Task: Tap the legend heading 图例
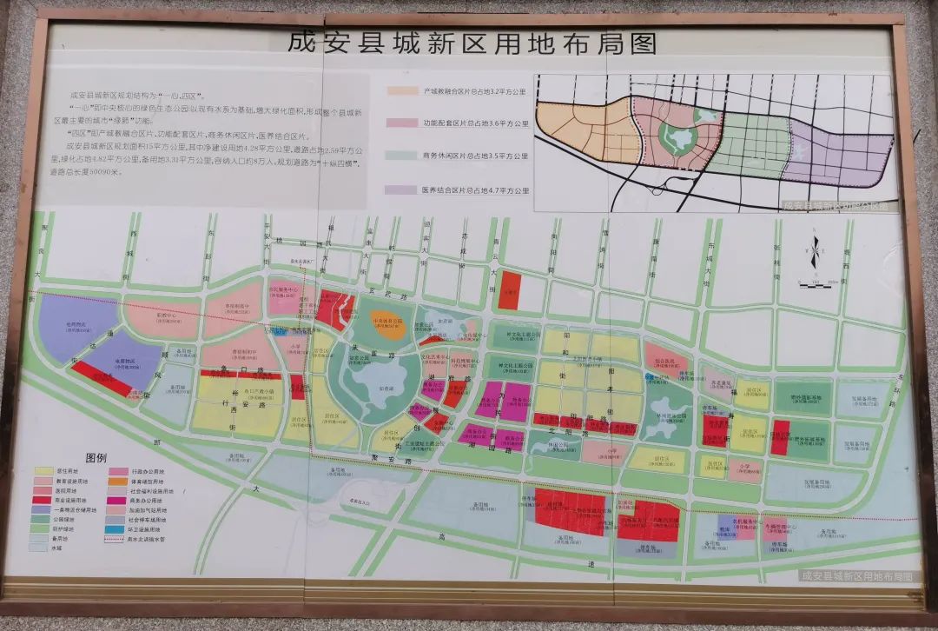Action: click(x=96, y=457)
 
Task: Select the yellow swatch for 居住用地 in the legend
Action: click(x=43, y=472)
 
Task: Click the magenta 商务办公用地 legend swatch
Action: click(x=116, y=501)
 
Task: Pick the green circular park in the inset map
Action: click(x=679, y=139)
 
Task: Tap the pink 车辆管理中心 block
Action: click(x=779, y=528)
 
